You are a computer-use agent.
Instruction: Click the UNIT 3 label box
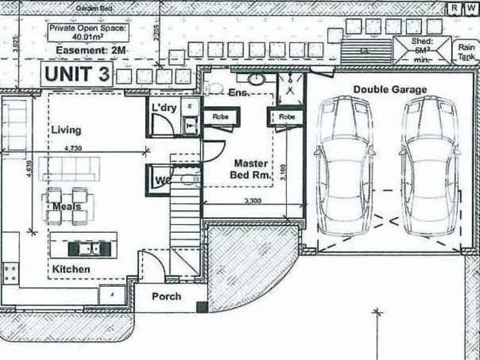tap(77, 75)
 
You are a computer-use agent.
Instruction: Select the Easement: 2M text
tap(90, 51)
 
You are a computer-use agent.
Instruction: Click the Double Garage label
tap(390, 89)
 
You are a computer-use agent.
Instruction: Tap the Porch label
tap(166, 296)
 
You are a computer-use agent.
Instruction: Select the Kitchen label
tap(71, 269)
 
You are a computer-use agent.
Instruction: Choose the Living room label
tap(66, 130)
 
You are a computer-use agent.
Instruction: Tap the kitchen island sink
tap(84, 247)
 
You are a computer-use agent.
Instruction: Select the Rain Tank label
tap(466, 51)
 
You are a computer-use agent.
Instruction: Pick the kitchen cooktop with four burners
tap(10, 274)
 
